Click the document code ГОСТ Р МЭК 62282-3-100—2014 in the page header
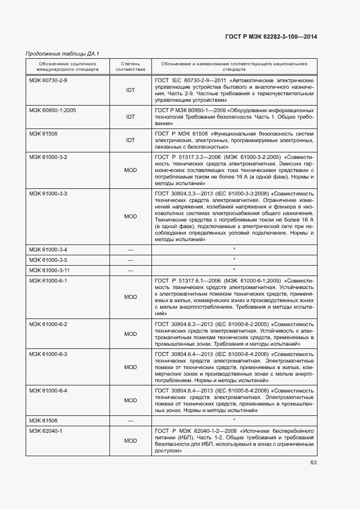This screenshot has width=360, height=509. click(271, 36)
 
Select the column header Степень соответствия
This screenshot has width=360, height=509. click(130, 66)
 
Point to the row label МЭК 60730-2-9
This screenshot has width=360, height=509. click(48, 80)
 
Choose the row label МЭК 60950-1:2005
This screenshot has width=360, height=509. click(52, 110)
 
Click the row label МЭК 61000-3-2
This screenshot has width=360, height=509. click(48, 157)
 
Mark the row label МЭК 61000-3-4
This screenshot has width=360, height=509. click(48, 249)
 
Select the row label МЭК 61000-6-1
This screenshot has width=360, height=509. click(48, 280)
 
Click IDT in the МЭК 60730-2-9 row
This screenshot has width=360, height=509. click(130, 90)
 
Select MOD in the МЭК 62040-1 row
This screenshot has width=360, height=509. click(130, 440)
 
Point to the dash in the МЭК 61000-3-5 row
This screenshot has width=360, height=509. click(130, 260)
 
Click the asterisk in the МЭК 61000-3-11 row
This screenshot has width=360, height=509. click(234, 270)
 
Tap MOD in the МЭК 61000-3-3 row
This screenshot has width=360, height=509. click(130, 216)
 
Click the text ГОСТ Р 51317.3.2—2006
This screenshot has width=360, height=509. click(187, 157)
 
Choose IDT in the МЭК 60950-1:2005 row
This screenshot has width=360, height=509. click(130, 116)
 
